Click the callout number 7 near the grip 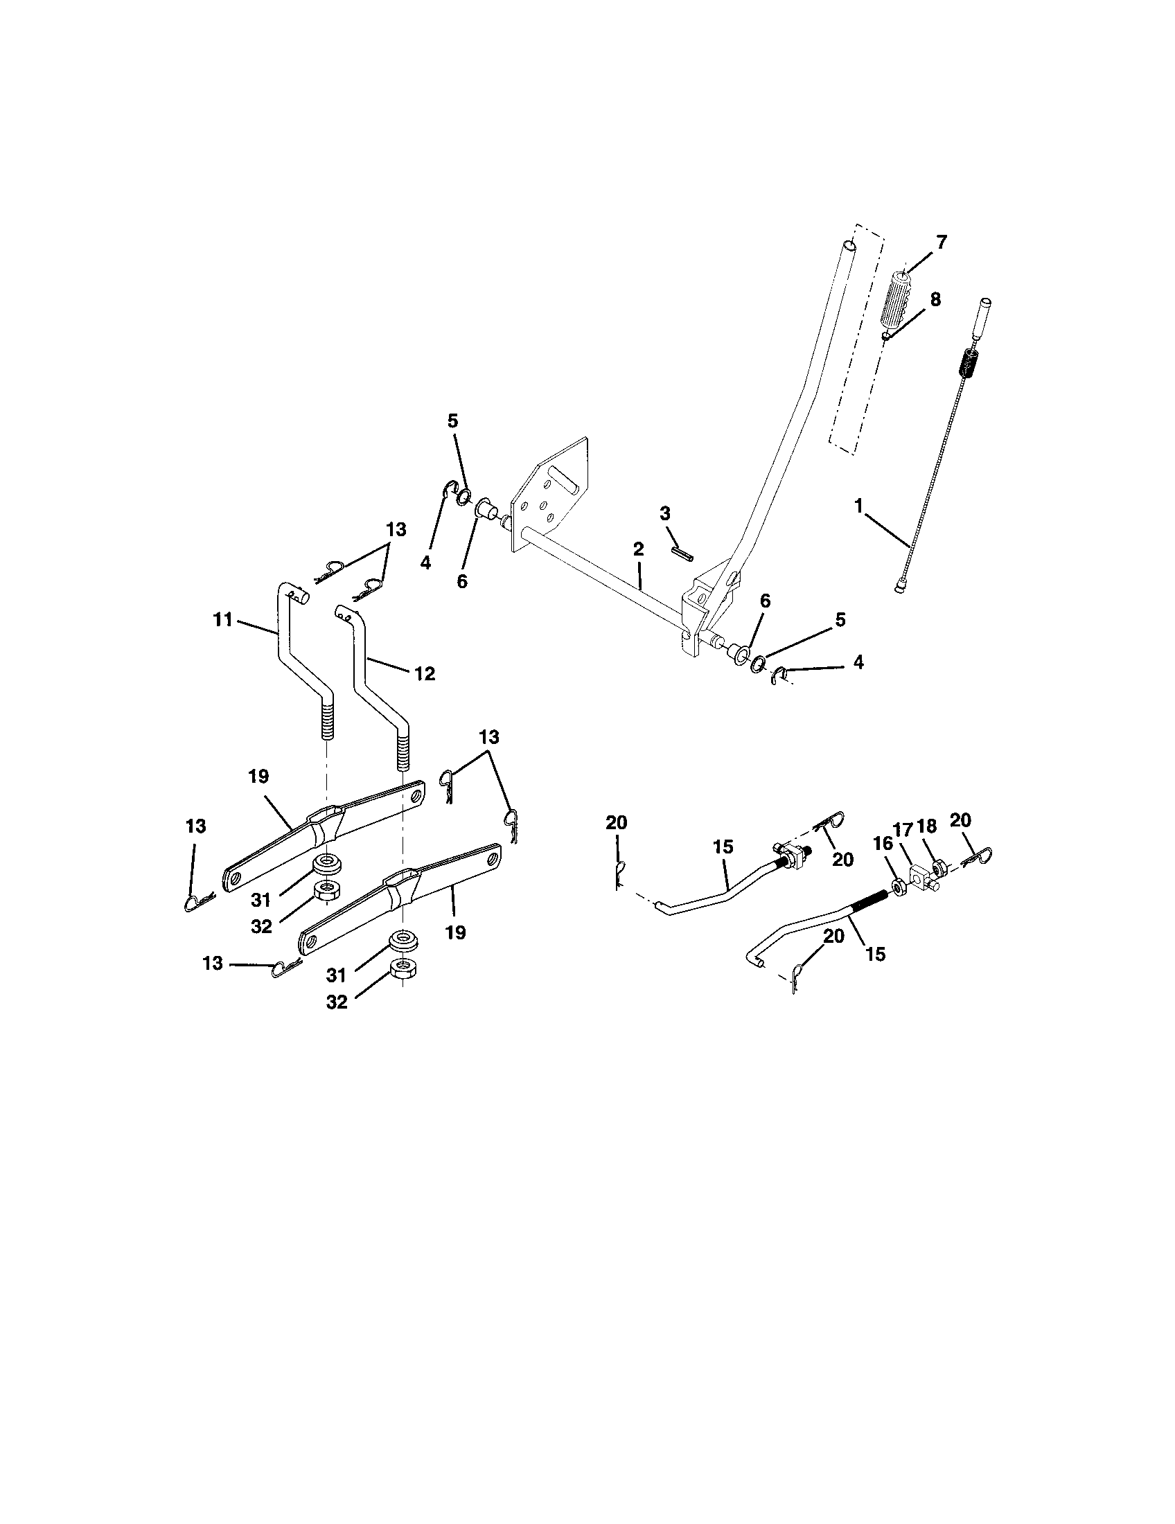tap(942, 243)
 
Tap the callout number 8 tap(935, 299)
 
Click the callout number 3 tap(664, 513)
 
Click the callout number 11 tap(222, 619)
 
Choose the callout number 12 tap(424, 673)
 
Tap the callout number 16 tap(883, 844)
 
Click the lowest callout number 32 tap(336, 1002)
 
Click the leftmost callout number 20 tap(616, 823)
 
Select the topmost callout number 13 tap(396, 530)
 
